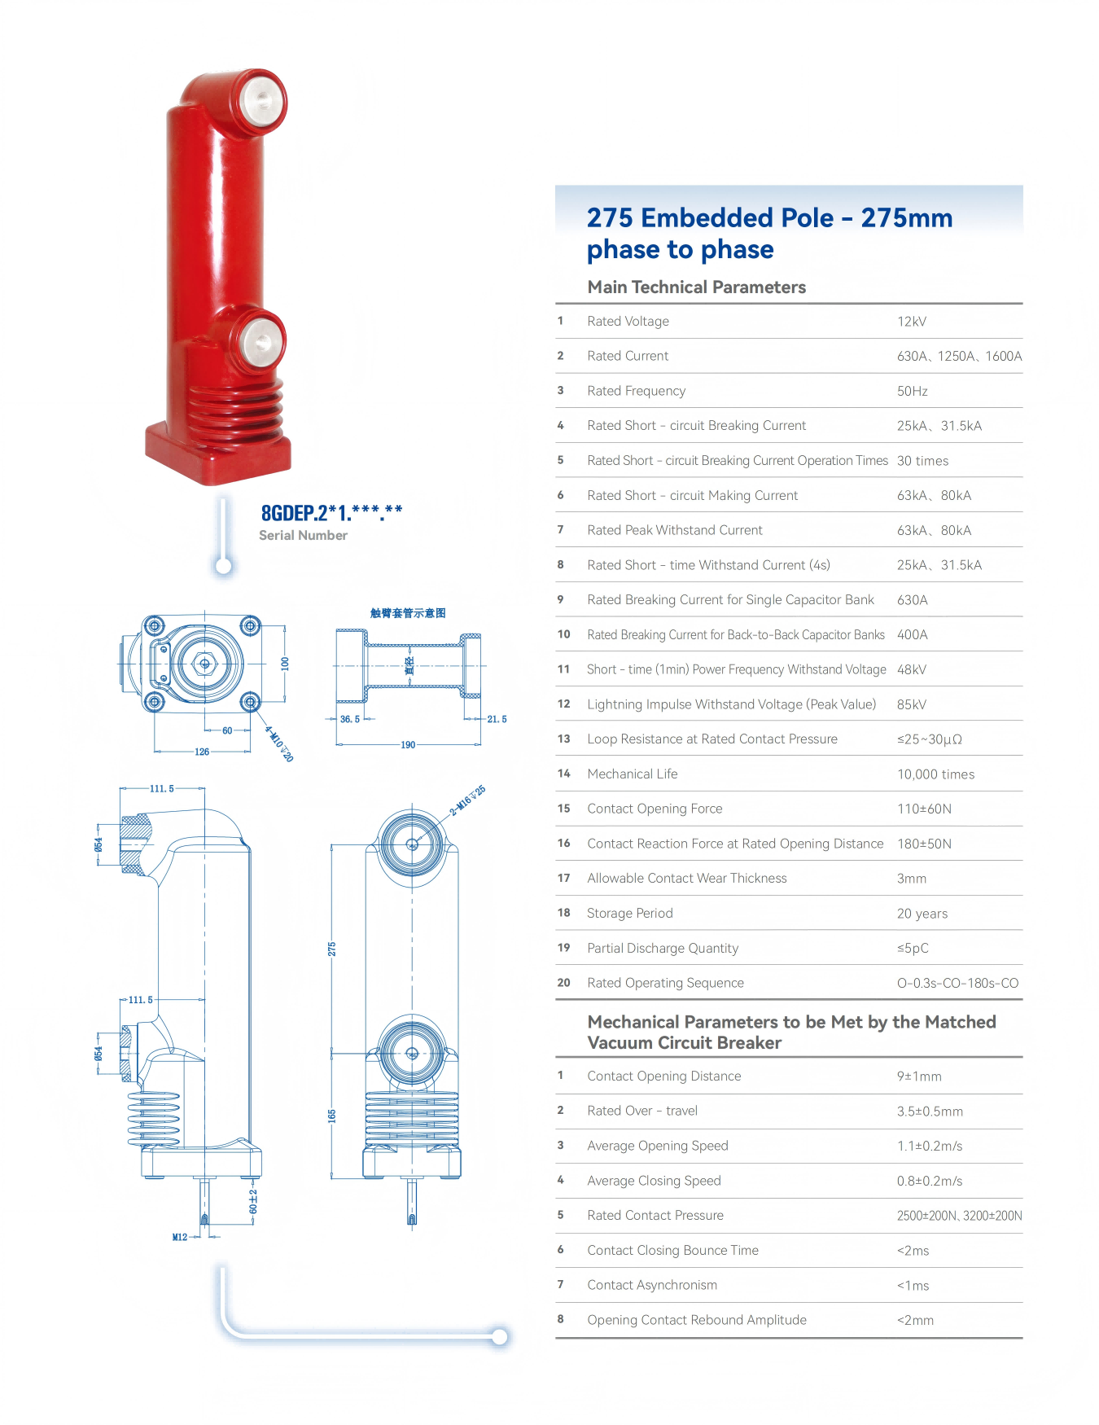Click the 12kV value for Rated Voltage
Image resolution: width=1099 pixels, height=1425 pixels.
(x=912, y=322)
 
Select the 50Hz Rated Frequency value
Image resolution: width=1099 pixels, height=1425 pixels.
(x=913, y=391)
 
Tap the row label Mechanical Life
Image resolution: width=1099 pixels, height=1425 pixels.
(x=633, y=774)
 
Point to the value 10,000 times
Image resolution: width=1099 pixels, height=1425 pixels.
(x=935, y=774)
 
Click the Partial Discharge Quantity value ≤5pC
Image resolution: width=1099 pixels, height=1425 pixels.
(x=913, y=948)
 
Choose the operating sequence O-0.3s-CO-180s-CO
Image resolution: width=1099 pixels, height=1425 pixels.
(x=957, y=983)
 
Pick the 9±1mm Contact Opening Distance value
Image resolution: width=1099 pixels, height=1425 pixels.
(x=919, y=1076)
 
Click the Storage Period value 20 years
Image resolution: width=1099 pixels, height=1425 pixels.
(x=922, y=914)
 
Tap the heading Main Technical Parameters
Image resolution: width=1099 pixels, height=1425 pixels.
(x=697, y=287)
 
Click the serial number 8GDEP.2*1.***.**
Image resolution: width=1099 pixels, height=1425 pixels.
(x=331, y=513)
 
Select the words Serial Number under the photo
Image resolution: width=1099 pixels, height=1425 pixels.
(x=303, y=535)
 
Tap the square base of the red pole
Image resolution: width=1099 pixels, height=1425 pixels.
(x=218, y=453)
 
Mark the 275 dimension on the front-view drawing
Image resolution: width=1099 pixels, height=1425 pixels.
(x=332, y=949)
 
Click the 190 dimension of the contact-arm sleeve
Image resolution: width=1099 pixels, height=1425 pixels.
(x=408, y=744)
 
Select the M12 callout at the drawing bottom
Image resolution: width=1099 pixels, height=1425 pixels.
(x=180, y=1237)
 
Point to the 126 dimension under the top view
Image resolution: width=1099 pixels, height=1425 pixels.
(x=202, y=752)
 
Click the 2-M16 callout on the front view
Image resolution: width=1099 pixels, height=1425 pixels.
(x=468, y=800)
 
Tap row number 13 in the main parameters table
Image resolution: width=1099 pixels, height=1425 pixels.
(x=563, y=739)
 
